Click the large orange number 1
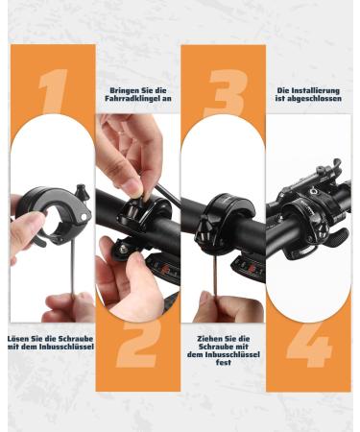tap(54, 91)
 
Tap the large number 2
tap(137, 344)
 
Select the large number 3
tap(227, 93)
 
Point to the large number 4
tap(308, 345)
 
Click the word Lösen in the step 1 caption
tap(18, 339)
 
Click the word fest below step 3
tap(224, 363)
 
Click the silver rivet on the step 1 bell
tap(84, 217)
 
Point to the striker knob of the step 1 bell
tap(81, 191)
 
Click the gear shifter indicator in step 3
tap(250, 267)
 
